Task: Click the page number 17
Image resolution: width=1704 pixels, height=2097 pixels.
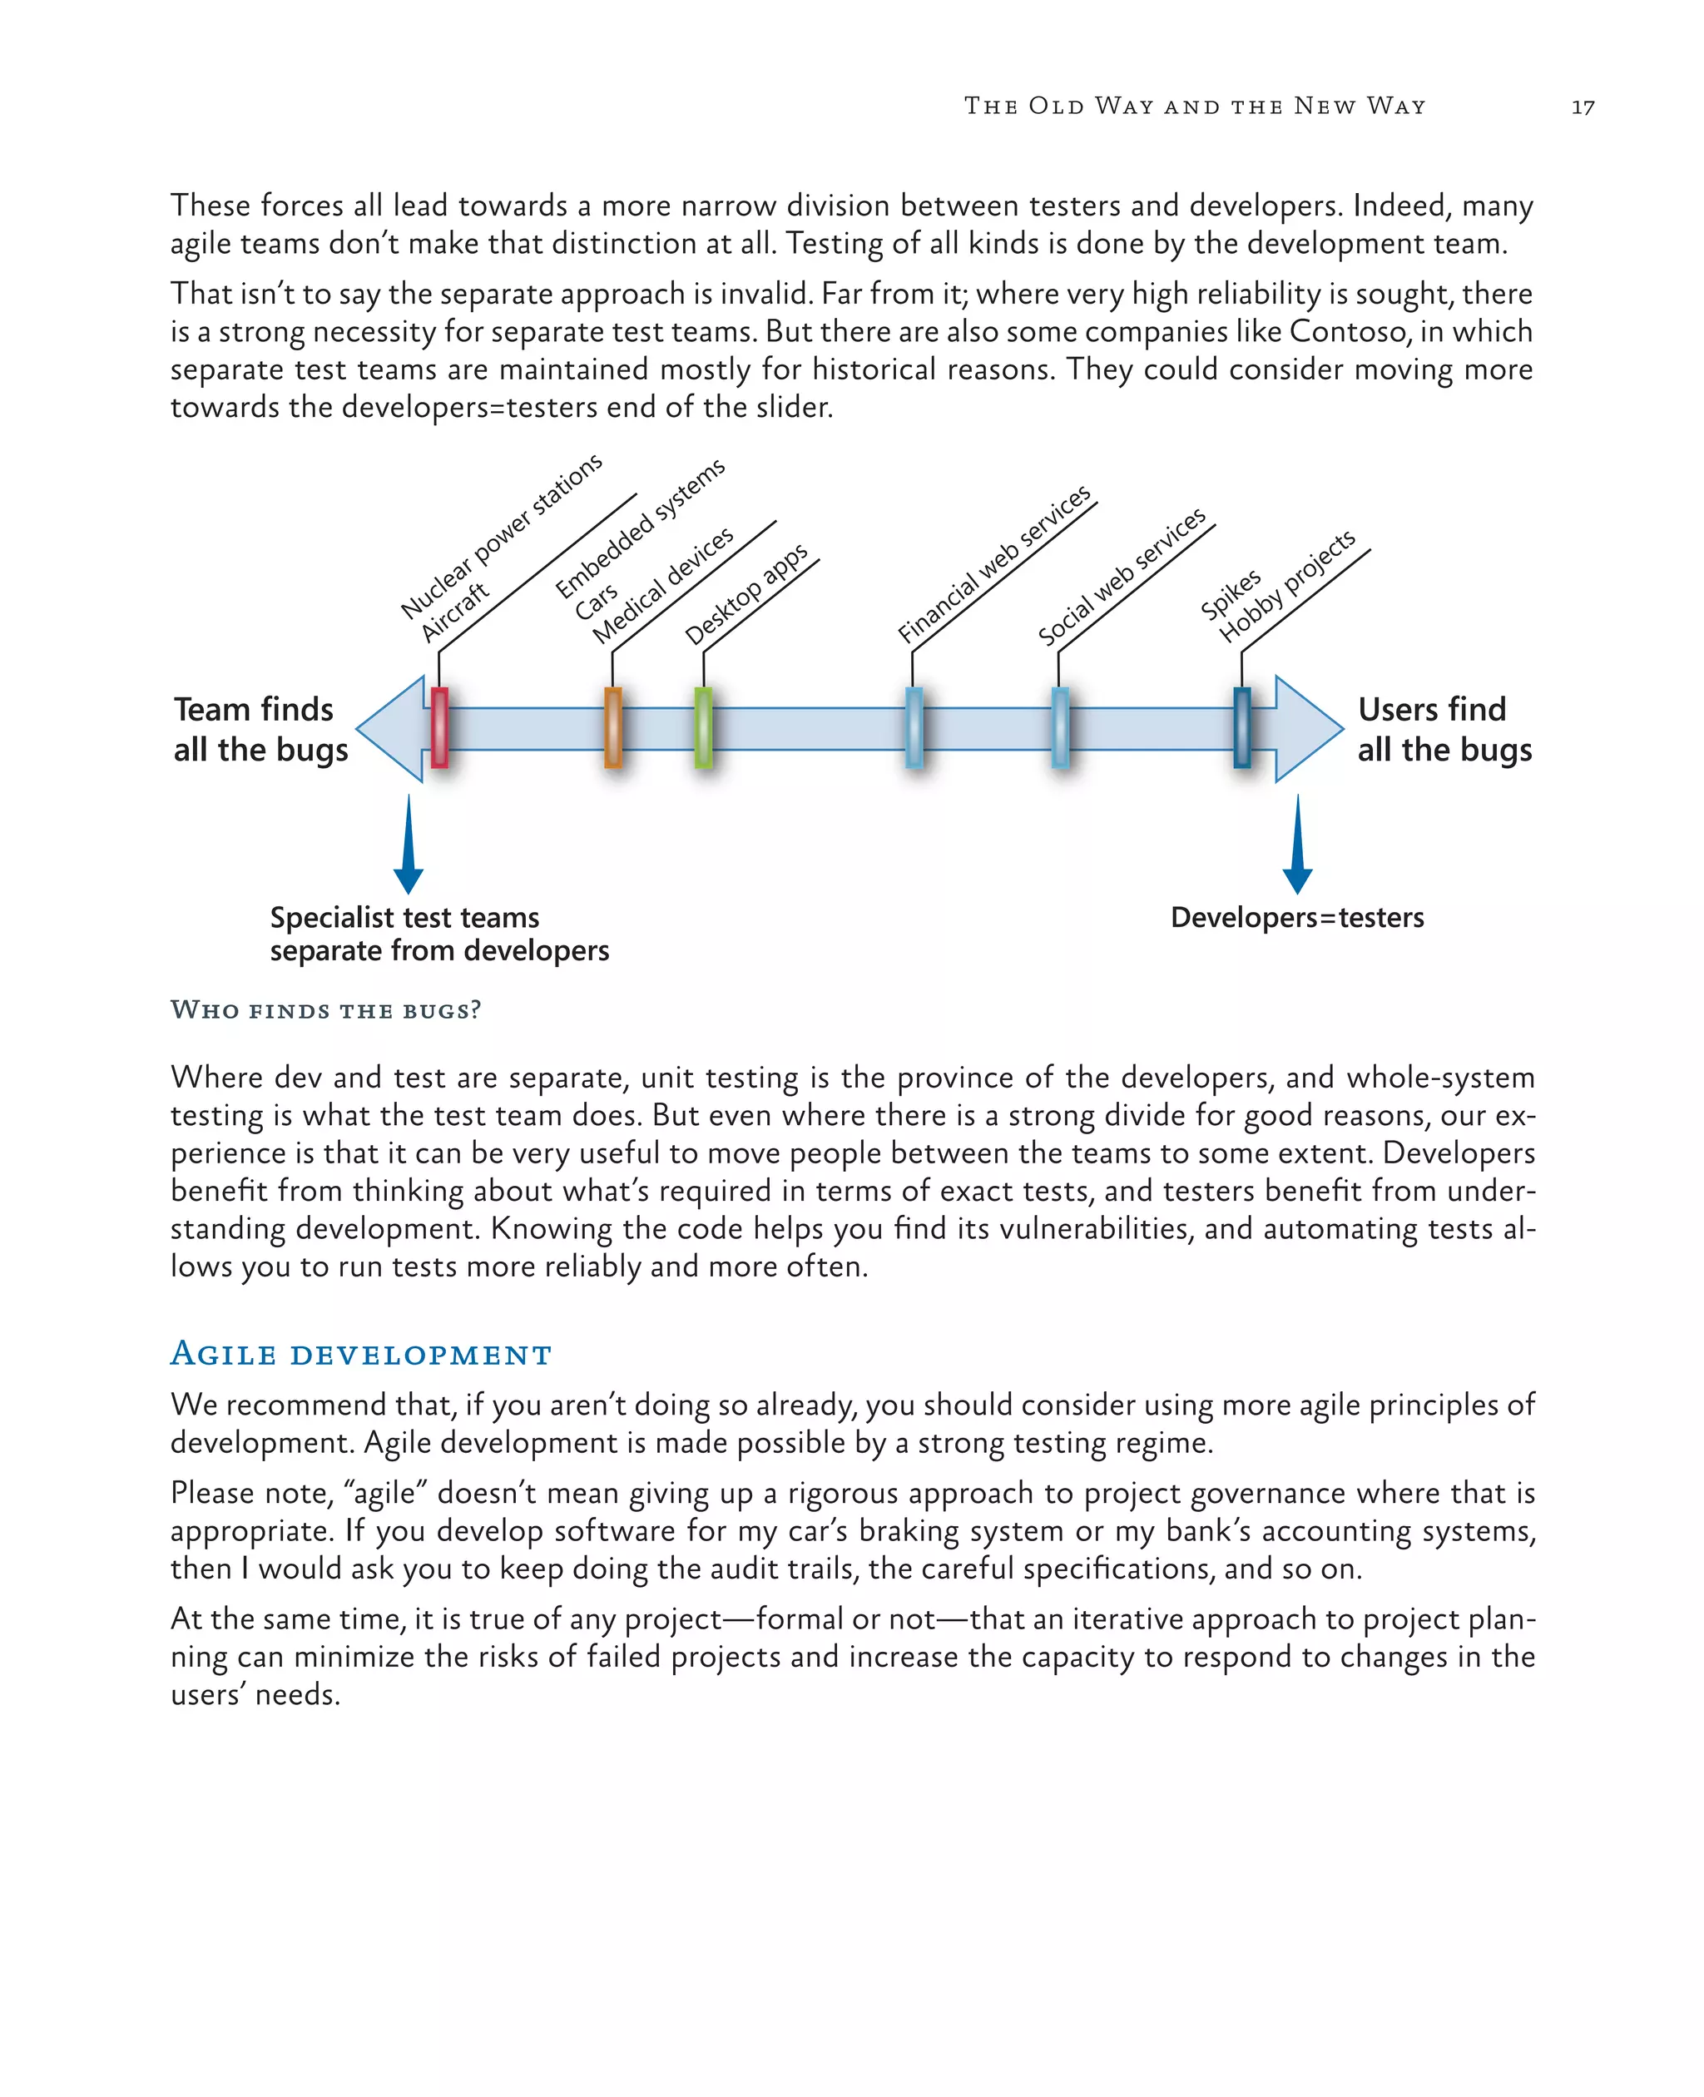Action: (1583, 107)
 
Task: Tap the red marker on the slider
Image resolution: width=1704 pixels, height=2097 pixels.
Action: (440, 727)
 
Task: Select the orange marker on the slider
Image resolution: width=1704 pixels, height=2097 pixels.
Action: (612, 727)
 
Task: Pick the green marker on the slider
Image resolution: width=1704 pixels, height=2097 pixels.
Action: (703, 727)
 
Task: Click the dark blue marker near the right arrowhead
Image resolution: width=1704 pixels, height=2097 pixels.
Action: (1241, 727)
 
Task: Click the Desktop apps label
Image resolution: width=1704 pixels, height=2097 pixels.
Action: (746, 595)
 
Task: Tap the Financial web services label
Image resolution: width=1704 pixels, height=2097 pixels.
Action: (993, 563)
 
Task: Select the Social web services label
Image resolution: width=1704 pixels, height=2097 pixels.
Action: (1121, 578)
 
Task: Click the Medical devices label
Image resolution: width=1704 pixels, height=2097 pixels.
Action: (662, 585)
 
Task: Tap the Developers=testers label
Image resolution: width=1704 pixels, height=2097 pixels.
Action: (1296, 917)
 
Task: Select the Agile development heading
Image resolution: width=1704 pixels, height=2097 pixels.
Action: (361, 1354)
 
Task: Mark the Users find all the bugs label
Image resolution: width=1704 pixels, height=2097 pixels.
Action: (1444, 730)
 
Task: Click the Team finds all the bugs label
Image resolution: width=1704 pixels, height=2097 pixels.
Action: (260, 730)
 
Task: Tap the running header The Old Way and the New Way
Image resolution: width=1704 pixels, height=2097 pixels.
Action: (1195, 106)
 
